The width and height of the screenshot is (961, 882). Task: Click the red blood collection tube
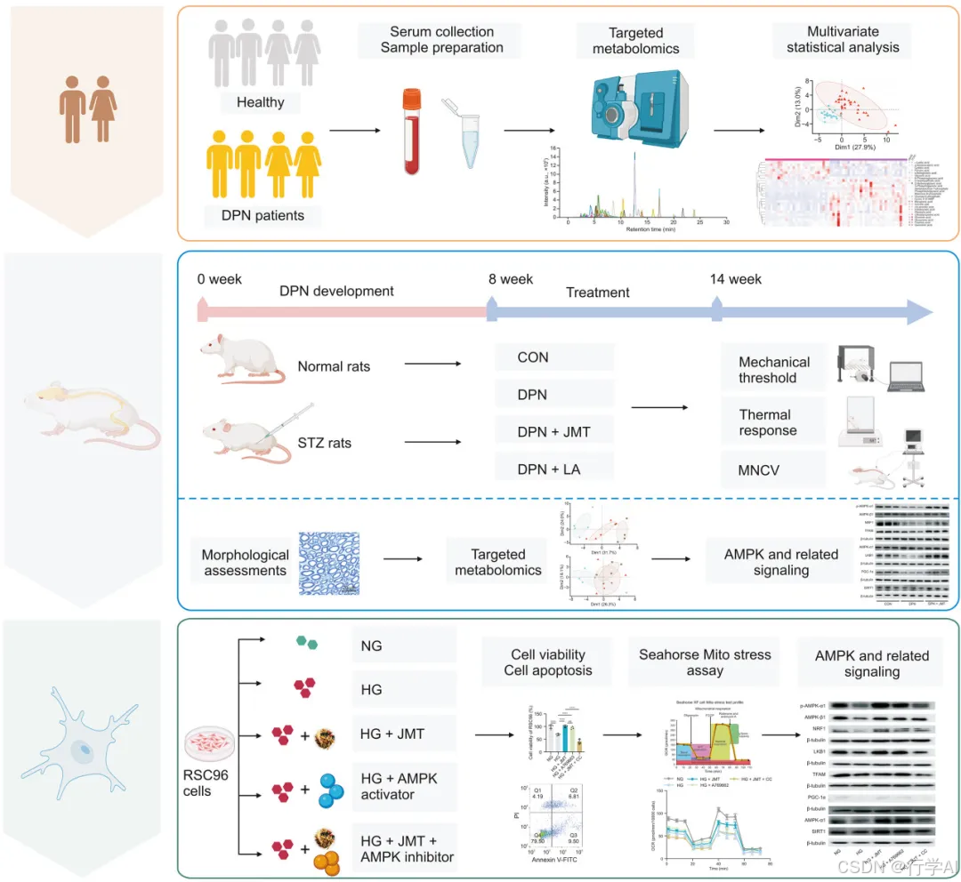click(x=411, y=132)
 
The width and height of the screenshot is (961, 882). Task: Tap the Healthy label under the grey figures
click(x=260, y=102)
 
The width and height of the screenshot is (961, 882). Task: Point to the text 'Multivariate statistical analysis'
click(x=843, y=39)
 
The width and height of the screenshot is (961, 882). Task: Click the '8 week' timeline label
click(x=511, y=279)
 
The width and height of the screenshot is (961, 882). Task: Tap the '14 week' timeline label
click(x=736, y=279)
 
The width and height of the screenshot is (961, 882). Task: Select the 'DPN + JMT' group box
click(x=553, y=433)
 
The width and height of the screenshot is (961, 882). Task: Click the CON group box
click(x=553, y=357)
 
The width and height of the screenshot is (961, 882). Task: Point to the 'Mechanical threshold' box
click(x=774, y=370)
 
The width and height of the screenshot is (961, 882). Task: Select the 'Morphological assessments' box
click(x=246, y=563)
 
